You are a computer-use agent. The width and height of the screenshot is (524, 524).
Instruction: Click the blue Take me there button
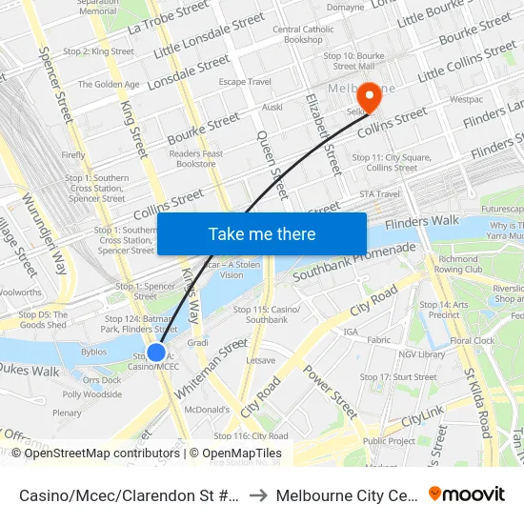261,233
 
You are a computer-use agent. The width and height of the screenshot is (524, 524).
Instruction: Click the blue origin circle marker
156,353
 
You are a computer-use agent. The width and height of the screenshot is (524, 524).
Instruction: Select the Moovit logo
467,494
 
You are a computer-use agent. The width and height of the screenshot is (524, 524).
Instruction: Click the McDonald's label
208,410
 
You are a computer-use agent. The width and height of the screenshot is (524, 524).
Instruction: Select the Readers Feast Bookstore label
196,158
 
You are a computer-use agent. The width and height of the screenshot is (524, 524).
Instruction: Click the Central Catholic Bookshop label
303,35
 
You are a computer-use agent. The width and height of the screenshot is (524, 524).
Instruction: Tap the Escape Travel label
246,82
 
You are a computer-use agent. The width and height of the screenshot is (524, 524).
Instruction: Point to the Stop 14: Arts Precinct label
445,310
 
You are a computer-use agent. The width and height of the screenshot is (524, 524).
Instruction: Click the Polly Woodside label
92,394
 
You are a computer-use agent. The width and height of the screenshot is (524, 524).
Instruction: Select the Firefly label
73,154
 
